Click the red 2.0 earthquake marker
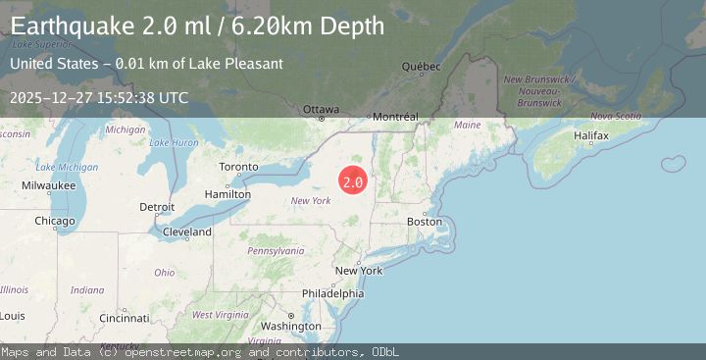(x=353, y=181)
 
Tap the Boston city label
(x=425, y=221)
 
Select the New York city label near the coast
(x=359, y=271)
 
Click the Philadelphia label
(x=332, y=293)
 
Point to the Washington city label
(x=291, y=326)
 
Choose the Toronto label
(x=238, y=167)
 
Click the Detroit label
(x=157, y=207)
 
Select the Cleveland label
(x=187, y=232)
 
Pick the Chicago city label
(x=55, y=221)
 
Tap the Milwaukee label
(x=49, y=184)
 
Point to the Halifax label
(x=592, y=133)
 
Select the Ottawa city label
(x=321, y=108)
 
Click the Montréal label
(x=396, y=116)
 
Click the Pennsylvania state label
(x=275, y=250)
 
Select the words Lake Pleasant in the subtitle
(x=242, y=64)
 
